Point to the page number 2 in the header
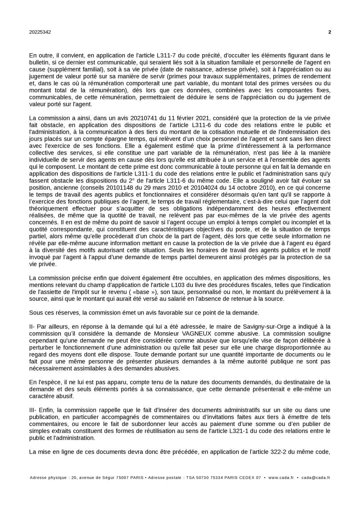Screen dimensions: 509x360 329,32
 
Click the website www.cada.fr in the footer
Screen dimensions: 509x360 281,478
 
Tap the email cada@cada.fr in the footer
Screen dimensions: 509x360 316,478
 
